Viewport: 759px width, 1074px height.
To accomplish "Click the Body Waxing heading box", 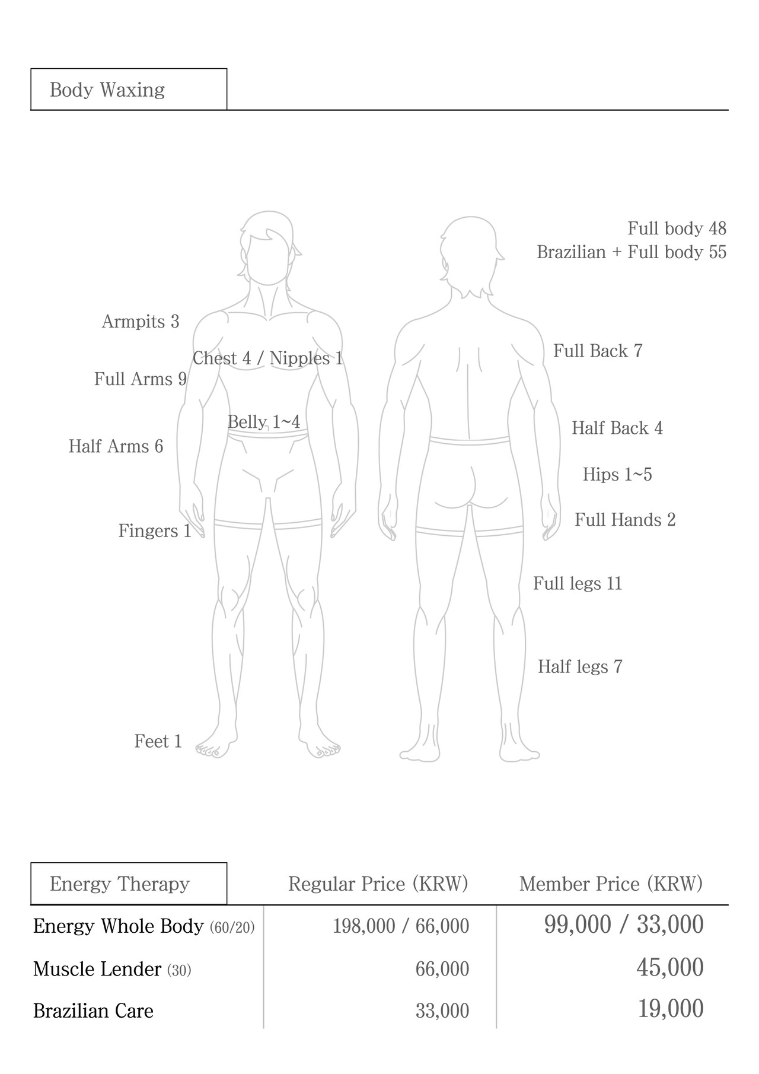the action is coord(129,90).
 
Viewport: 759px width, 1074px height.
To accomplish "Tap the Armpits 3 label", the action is coord(141,322).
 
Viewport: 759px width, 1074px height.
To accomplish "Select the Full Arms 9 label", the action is coord(141,379).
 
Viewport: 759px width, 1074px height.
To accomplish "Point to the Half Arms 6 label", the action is coord(116,446).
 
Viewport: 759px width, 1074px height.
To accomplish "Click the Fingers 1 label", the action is coord(155,531).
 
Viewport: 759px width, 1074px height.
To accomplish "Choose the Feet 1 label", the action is coord(158,742).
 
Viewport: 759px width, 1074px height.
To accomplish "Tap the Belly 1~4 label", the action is coord(264,422).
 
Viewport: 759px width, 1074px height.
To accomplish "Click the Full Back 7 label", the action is coord(598,351).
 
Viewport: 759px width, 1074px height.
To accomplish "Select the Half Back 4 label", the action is coord(617,428).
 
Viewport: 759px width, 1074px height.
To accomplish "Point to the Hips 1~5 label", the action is coord(617,475).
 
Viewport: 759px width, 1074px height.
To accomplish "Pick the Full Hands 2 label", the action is coord(625,520).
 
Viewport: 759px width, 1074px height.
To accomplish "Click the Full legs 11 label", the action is coord(578,584).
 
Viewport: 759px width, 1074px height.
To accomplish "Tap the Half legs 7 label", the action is coord(580,667).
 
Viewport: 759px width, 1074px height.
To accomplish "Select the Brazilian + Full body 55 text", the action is coord(632,253).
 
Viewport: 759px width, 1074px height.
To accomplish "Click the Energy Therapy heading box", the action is coord(129,884).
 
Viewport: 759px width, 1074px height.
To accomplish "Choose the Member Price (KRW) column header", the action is coord(611,884).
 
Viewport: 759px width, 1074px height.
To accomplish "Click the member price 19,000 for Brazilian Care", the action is coord(671,1009).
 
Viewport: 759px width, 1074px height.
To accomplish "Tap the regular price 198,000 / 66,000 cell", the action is coord(401,926).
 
